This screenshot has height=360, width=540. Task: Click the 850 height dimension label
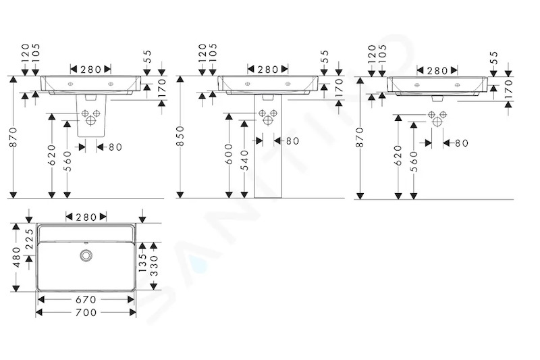coord(180,136)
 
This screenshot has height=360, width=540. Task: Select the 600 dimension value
coord(229,154)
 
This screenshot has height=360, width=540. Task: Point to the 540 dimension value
coord(244,160)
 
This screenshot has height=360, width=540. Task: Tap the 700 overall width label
coord(86,313)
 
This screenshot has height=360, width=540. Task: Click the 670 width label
coord(86,299)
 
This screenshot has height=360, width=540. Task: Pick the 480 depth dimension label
coord(17,257)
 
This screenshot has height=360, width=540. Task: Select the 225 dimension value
coord(30,239)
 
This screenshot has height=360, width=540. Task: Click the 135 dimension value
coord(142,263)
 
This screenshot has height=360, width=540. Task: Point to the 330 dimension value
coord(154,265)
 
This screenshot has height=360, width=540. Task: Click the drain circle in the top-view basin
coord(86,255)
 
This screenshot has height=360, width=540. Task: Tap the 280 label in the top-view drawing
coord(86,217)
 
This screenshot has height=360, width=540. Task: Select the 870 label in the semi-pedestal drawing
coord(13,137)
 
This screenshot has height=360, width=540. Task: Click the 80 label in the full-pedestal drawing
coord(293,141)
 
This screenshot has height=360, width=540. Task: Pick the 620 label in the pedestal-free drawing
coord(398,155)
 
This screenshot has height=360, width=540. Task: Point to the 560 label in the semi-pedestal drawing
coord(67,161)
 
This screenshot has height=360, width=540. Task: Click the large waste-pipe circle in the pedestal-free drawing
coord(437,122)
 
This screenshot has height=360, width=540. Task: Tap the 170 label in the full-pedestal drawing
coord(339,87)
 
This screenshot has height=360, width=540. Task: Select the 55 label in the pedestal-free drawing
coord(494,57)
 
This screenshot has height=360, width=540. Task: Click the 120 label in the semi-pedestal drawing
coord(25,53)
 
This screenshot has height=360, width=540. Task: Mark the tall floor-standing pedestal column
coord(268,147)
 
